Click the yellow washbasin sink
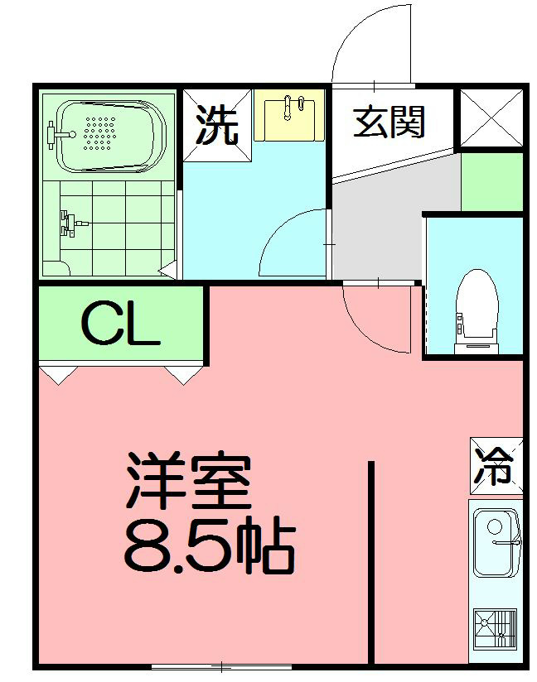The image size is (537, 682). point(291,118)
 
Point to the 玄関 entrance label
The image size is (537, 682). point(389,122)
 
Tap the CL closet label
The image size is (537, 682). point(120,324)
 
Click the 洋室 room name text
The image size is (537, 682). point(188,483)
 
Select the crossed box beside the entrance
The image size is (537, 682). point(491,118)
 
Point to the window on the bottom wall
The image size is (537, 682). point(221,666)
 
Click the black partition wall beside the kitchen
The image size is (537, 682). point(371,563)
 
